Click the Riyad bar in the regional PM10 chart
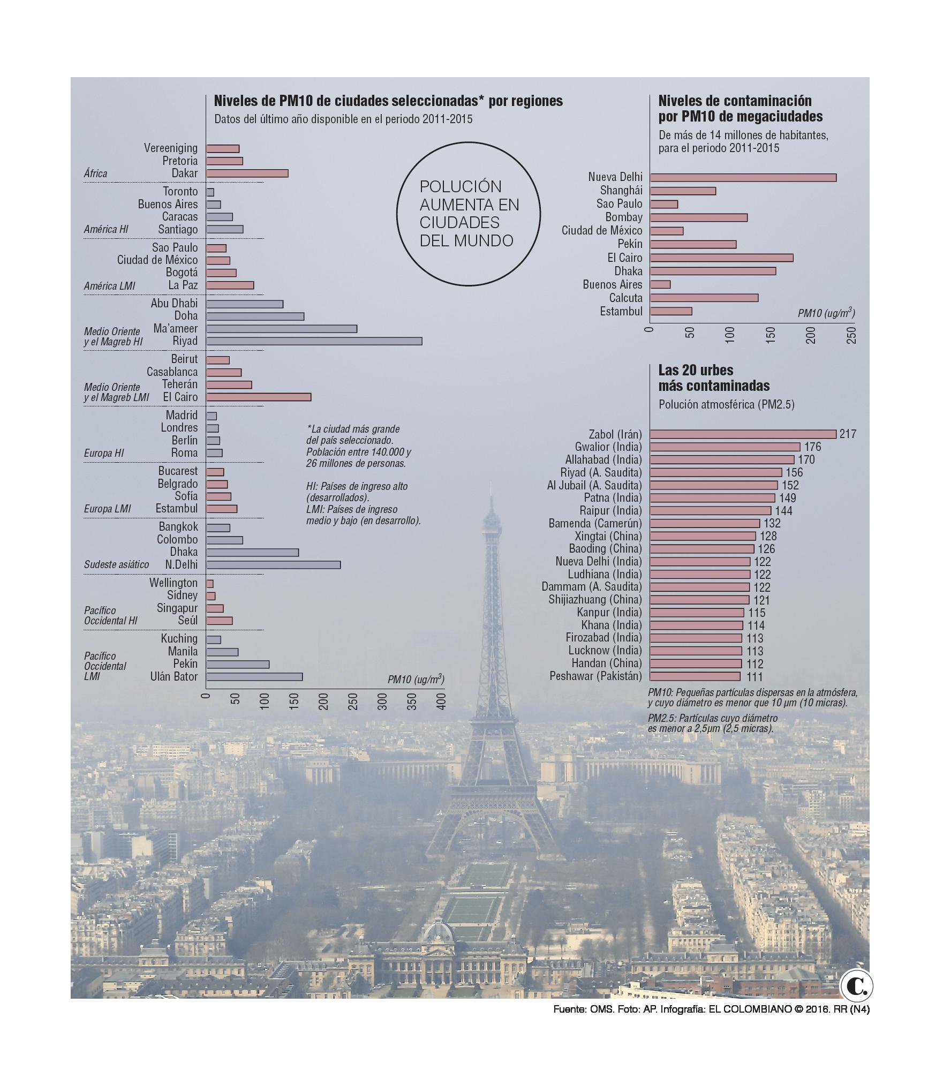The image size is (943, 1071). pos(314,341)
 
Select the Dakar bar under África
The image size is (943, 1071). pos(247,174)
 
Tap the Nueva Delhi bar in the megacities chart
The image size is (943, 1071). pos(743,178)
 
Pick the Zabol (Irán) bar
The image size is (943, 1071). pos(743,434)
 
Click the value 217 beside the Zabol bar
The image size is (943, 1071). pos(848,434)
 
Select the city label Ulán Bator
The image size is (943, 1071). pos(174,677)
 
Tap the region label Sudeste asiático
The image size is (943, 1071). pos(116,565)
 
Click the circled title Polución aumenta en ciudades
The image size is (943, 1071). pos(469,214)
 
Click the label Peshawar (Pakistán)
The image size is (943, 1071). pos(595,676)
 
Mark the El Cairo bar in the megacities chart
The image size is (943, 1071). pos(722,258)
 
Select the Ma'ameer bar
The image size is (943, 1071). pos(282,329)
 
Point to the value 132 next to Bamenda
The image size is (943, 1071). pos(772,524)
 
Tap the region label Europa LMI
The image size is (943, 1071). pos(107,509)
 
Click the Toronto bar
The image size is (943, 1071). pos(210,192)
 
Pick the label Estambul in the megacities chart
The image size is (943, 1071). pos(621,312)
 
